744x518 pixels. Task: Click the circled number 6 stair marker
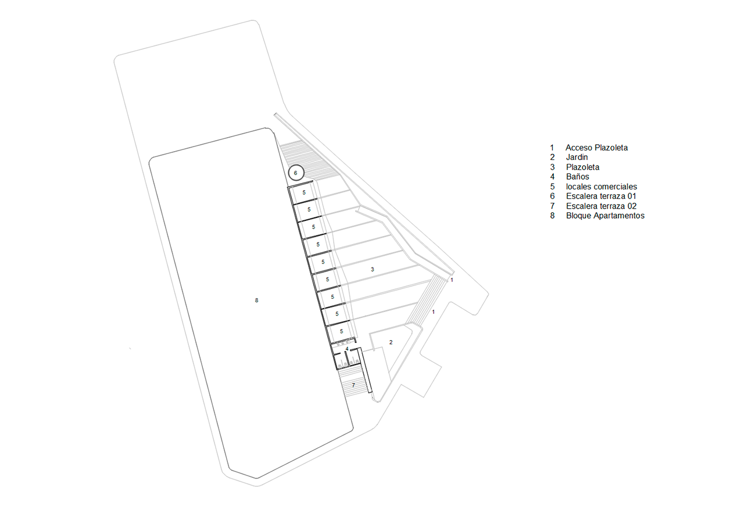click(x=296, y=173)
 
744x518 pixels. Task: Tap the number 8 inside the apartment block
click(x=256, y=301)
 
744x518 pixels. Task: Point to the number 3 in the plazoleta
click(x=373, y=270)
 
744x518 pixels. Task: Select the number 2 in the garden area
click(x=391, y=342)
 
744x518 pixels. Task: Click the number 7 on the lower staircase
click(x=353, y=385)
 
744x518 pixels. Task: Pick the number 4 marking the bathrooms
click(x=347, y=349)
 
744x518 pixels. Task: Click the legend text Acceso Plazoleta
click(x=596, y=148)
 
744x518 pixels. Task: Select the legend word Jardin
click(x=577, y=157)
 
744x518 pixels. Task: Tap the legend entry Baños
click(x=578, y=177)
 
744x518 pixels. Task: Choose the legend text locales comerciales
click(x=602, y=187)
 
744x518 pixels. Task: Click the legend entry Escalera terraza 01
click(x=601, y=197)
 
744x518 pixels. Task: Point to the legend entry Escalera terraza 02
click(x=601, y=206)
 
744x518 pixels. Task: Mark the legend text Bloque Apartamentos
click(x=605, y=216)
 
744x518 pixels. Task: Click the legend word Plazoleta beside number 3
click(x=582, y=167)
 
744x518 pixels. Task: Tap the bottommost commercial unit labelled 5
click(x=341, y=331)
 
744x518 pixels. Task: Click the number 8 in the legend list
click(x=552, y=216)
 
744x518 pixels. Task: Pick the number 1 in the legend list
click(x=552, y=148)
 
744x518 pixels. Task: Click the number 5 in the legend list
click(x=552, y=187)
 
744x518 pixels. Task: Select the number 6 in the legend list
click(x=552, y=197)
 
